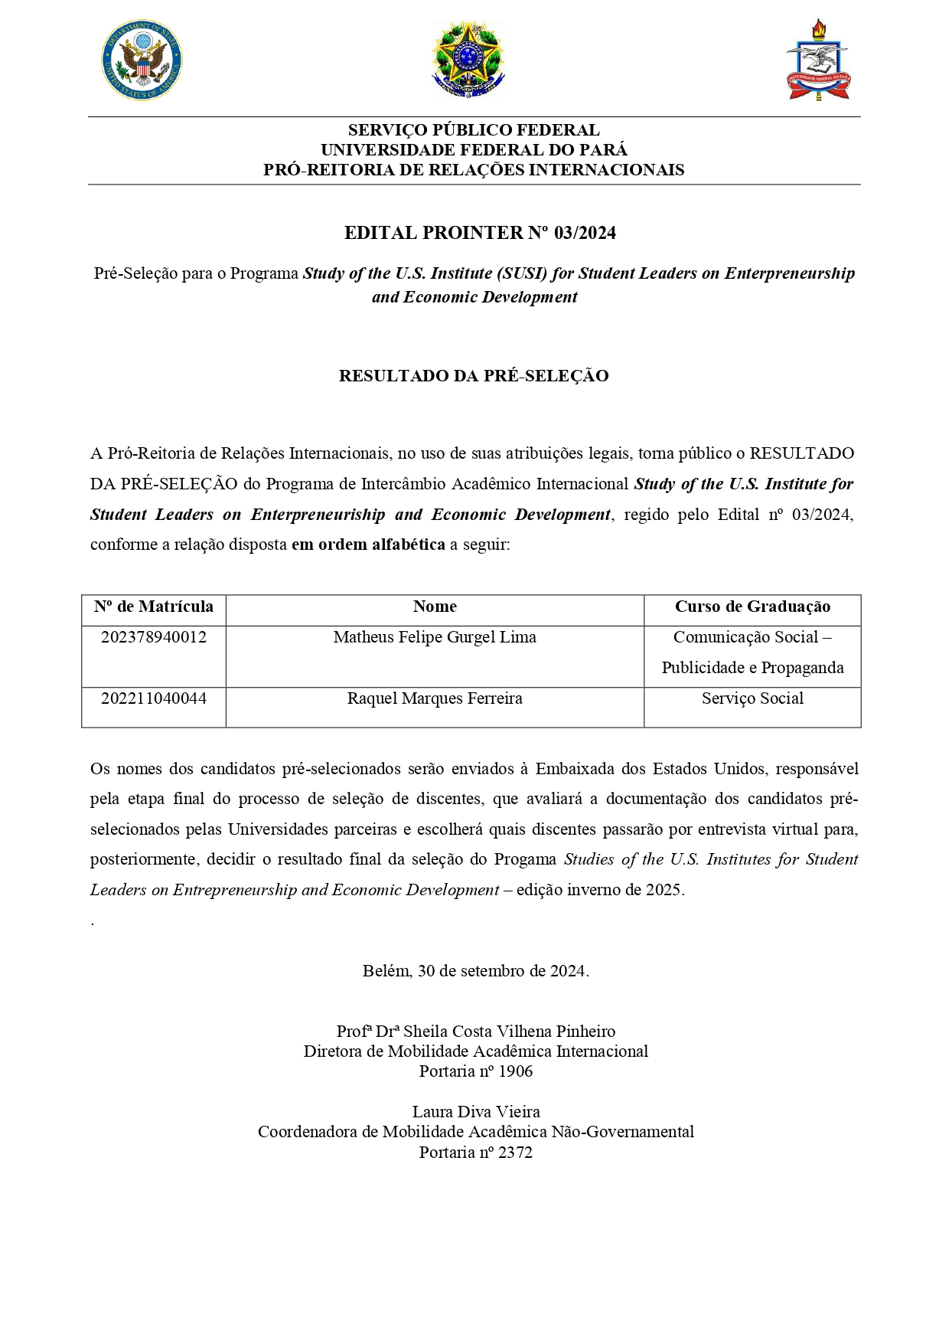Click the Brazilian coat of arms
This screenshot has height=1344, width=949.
pyautogui.click(x=468, y=60)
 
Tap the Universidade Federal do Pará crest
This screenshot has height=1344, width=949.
pyautogui.click(x=818, y=61)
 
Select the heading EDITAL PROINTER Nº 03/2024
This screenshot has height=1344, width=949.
pyautogui.click(x=480, y=233)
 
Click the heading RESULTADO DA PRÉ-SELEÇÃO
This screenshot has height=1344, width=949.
pyautogui.click(x=474, y=376)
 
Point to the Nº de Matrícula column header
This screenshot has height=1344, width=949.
pyautogui.click(x=154, y=607)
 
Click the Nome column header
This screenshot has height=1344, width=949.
pyautogui.click(x=435, y=607)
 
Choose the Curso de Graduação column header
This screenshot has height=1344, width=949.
pyautogui.click(x=752, y=607)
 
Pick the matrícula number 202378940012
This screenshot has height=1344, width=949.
pyautogui.click(x=154, y=637)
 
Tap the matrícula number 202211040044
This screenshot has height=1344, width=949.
pyautogui.click(x=154, y=698)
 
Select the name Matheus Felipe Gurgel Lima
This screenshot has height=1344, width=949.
pyautogui.click(x=435, y=637)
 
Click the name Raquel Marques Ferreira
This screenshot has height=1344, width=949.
pyautogui.click(x=435, y=698)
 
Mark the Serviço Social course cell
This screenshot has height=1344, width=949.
pyautogui.click(x=752, y=698)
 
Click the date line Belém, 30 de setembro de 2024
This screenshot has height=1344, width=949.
pyautogui.click(x=475, y=971)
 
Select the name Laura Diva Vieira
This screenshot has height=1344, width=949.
pyautogui.click(x=475, y=1112)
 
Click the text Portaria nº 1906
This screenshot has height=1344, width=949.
pyautogui.click(x=475, y=1071)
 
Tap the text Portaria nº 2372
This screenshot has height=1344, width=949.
pyautogui.click(x=475, y=1153)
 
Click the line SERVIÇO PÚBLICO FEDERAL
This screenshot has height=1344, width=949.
pyautogui.click(x=474, y=130)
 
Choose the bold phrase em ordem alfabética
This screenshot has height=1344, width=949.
pyautogui.click(x=368, y=544)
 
